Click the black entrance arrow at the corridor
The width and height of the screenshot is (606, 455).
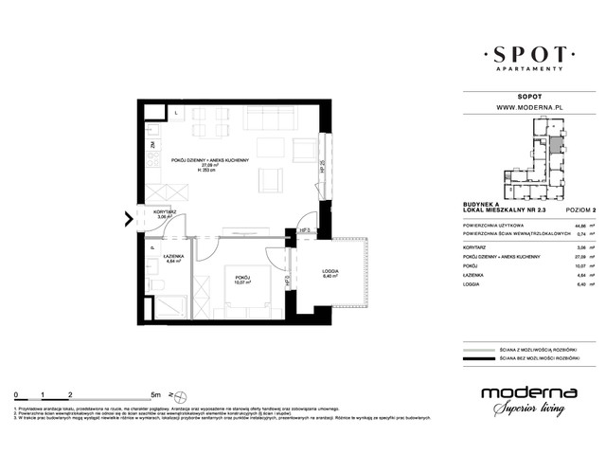128,223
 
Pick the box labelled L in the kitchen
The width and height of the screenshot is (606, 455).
176,112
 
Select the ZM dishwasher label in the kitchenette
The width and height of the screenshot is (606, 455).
151,145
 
